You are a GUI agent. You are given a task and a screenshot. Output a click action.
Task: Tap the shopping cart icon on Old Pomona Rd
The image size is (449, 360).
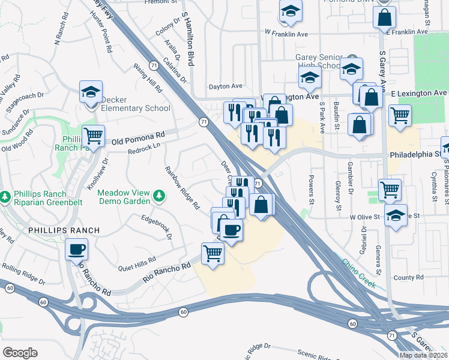[x=93, y=136]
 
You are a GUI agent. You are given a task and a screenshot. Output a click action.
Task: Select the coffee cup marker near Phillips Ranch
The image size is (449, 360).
[x=76, y=248]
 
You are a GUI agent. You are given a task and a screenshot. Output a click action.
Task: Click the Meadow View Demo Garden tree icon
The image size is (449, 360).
[x=159, y=196]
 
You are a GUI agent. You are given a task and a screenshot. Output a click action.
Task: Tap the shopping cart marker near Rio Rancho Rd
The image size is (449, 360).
[x=213, y=254]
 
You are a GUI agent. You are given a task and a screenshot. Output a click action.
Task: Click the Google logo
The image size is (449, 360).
[x=20, y=352]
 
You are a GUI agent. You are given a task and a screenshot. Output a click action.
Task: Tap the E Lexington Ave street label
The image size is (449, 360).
[x=419, y=94]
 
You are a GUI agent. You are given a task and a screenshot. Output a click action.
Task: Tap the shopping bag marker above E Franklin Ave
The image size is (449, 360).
[x=384, y=17]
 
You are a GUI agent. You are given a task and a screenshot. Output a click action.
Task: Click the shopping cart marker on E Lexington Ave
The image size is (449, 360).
[x=399, y=114]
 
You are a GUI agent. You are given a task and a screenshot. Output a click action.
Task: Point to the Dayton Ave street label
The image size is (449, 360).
[x=225, y=86]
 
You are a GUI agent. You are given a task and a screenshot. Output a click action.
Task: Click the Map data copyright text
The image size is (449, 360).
[x=424, y=355]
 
